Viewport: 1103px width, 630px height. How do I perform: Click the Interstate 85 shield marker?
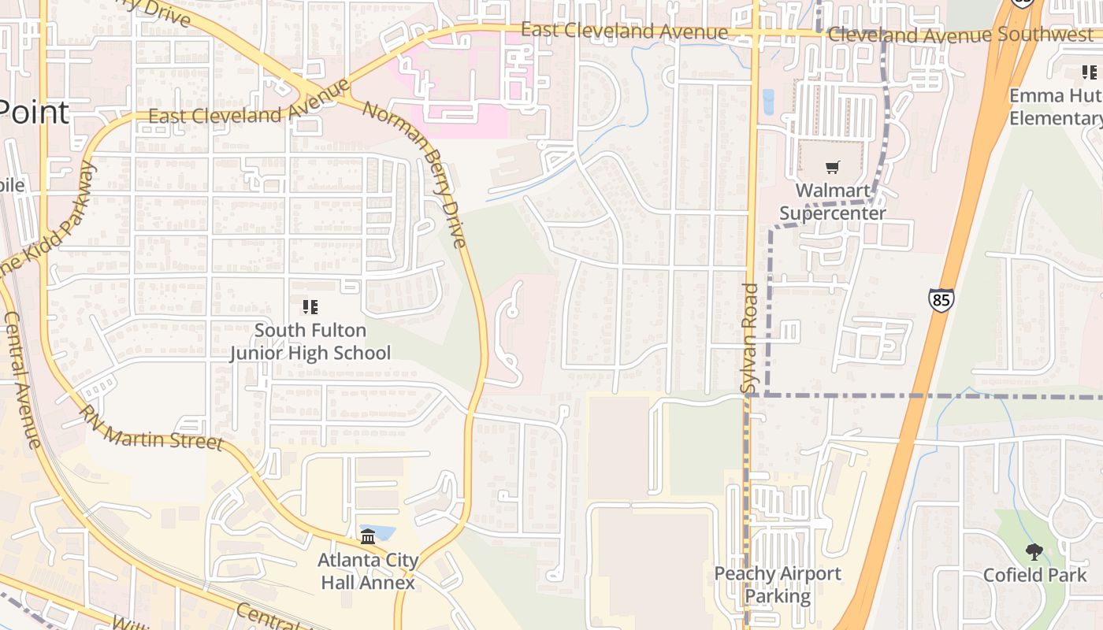[941, 300]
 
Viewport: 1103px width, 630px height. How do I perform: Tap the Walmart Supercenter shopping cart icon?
[833, 167]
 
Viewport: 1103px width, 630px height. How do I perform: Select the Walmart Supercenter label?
[833, 202]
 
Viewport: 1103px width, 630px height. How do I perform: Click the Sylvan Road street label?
[749, 339]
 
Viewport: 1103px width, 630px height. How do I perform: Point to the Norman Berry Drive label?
[415, 173]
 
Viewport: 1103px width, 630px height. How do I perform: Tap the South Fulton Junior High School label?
[310, 341]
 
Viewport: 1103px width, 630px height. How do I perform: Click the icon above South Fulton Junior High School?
[310, 306]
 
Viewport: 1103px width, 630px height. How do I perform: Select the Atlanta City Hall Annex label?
[368, 571]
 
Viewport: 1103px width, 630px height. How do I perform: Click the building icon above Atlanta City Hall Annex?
[368, 536]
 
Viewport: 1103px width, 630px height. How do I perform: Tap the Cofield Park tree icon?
[1034, 552]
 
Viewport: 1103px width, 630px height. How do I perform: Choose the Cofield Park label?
[1034, 575]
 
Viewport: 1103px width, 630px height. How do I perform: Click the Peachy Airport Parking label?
[778, 584]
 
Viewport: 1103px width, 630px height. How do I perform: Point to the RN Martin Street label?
[151, 428]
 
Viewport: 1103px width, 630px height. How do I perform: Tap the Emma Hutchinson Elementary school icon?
[1090, 73]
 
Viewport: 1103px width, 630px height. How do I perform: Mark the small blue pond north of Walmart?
[768, 102]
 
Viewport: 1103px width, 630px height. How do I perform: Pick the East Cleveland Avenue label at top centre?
[624, 31]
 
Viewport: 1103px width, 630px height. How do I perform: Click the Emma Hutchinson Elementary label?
[1056, 107]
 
